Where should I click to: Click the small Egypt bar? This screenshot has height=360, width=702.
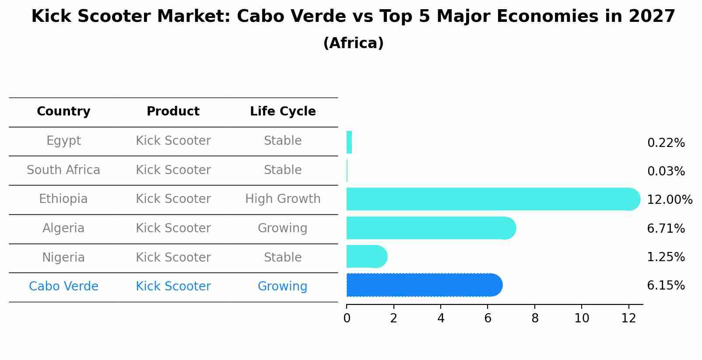(x=349, y=142)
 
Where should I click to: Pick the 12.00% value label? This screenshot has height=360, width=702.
(x=669, y=200)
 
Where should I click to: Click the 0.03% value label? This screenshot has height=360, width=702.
(x=666, y=171)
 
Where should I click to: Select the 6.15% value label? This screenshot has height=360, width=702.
(x=666, y=286)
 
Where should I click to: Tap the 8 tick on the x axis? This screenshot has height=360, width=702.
(x=535, y=318)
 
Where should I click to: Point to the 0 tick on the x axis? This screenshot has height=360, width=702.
(x=347, y=318)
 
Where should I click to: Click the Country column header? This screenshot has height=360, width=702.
(x=63, y=112)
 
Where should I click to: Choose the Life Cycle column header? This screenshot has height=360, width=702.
(x=283, y=112)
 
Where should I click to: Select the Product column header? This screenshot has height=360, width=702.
(x=173, y=112)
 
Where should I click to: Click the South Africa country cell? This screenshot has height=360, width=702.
(x=63, y=170)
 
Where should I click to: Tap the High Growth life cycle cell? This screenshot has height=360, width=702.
(x=283, y=199)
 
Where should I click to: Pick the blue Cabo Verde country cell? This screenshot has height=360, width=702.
(x=63, y=287)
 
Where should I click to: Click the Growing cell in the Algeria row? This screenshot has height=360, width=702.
(x=283, y=228)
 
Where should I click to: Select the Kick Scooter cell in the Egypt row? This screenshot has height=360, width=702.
(x=173, y=141)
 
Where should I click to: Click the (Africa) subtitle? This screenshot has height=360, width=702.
(x=353, y=43)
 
